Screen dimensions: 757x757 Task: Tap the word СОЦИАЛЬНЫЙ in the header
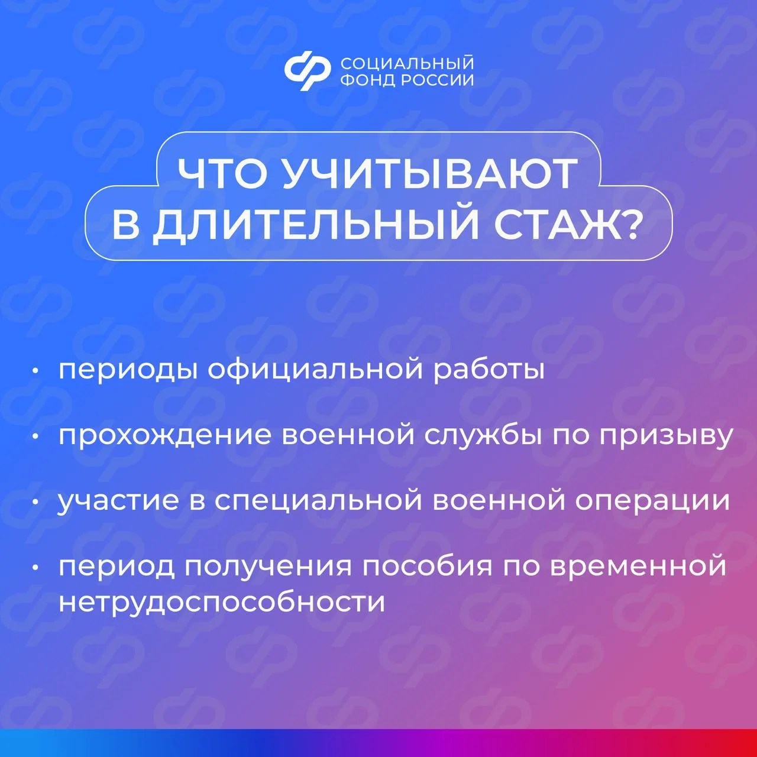pos(407,63)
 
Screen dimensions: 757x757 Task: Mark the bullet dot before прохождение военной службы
pos(35,436)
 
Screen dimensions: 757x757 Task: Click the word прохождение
pos(165,436)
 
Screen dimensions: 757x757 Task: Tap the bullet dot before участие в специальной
pos(35,502)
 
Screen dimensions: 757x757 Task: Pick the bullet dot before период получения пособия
pos(35,567)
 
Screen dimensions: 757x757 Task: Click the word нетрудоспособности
pos(222,602)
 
